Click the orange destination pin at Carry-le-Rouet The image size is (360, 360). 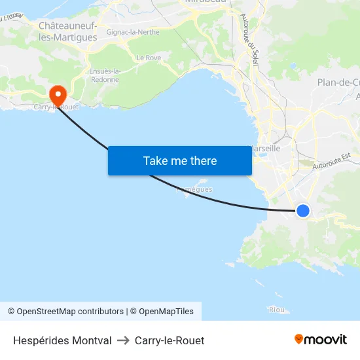pos(58,95)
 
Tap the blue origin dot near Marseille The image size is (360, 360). pos(302,210)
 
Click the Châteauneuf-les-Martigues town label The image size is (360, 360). pos(68,31)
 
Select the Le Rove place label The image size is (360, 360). pos(149,58)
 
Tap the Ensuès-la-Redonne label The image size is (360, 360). pos(105,75)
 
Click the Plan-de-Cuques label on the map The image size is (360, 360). pos(338,82)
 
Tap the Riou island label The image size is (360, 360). pos(276,309)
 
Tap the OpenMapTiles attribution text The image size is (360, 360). pos(166,312)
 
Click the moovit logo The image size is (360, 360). pos(320,340)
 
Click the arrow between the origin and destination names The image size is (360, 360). pos(123,340)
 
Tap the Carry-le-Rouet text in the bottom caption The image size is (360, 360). pos(170,340)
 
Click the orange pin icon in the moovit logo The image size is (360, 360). pos(299,340)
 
